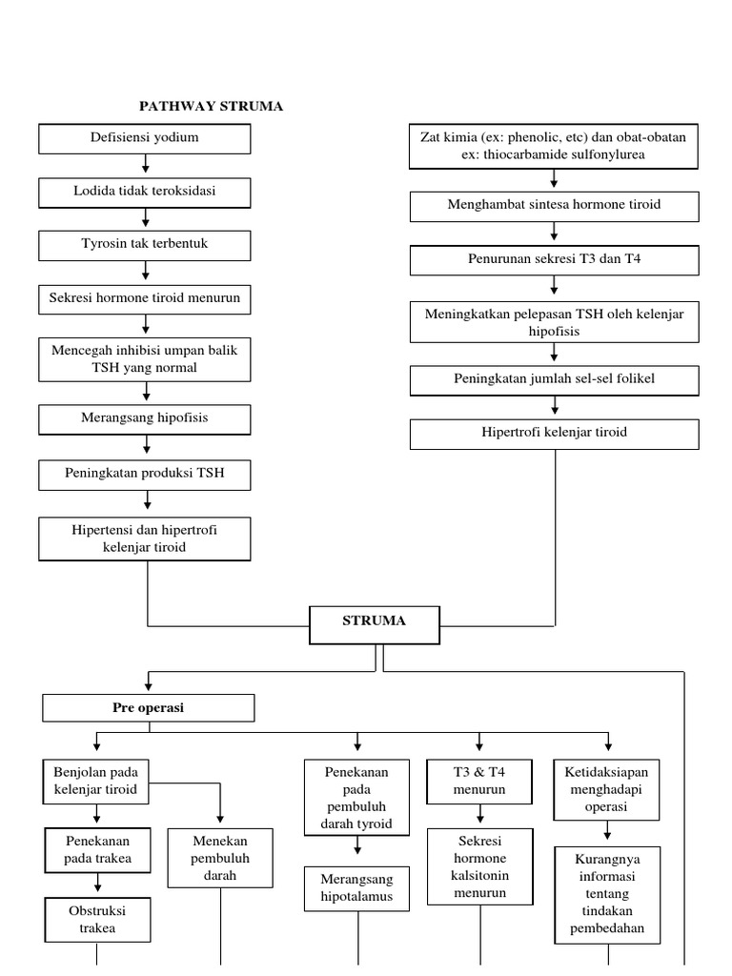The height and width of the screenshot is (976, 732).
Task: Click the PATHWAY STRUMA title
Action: pos(211,106)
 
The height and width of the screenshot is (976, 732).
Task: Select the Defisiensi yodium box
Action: pos(145,138)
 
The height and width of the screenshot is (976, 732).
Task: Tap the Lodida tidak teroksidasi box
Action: pos(145,192)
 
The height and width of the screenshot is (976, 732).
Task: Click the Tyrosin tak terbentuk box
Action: pos(145,244)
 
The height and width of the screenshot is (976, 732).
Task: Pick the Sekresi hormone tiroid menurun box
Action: pos(145,297)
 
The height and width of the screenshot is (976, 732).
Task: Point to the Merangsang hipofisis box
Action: pos(145,418)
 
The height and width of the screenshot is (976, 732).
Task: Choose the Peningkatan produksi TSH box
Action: pos(145,474)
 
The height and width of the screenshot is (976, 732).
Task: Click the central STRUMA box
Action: pos(374,621)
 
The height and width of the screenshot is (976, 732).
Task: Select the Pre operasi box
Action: pos(149,708)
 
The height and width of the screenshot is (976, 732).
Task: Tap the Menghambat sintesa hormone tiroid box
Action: pos(554,206)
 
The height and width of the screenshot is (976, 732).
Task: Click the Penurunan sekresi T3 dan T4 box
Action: pos(554,260)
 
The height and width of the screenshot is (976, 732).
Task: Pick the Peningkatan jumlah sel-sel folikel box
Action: pos(554,379)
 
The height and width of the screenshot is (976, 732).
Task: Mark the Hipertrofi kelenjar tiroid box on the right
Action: pos(554,433)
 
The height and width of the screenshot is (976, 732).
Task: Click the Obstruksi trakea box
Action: pos(96,919)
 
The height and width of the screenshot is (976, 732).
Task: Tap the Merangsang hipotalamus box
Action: pos(357,887)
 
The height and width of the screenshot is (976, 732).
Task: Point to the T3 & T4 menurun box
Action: pos(479,782)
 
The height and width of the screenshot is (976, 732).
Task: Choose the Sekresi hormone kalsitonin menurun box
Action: pos(479,867)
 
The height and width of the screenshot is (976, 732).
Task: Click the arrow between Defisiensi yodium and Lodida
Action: pos(146,166)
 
